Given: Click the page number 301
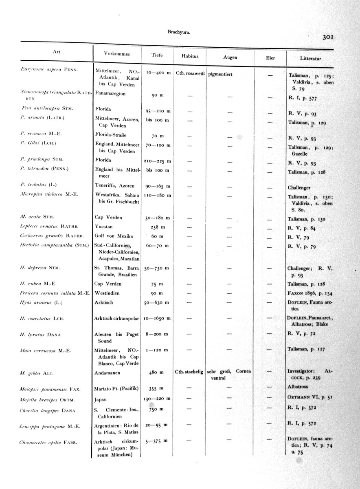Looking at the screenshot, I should (328, 37).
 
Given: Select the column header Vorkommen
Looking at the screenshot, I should (117, 54).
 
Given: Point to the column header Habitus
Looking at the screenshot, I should (189, 56).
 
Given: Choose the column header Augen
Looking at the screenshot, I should (230, 57).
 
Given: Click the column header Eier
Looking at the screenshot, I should (270, 58).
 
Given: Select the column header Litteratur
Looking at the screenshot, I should (310, 59).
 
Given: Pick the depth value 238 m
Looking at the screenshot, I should (157, 228).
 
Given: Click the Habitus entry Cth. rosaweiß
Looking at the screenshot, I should (190, 73).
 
